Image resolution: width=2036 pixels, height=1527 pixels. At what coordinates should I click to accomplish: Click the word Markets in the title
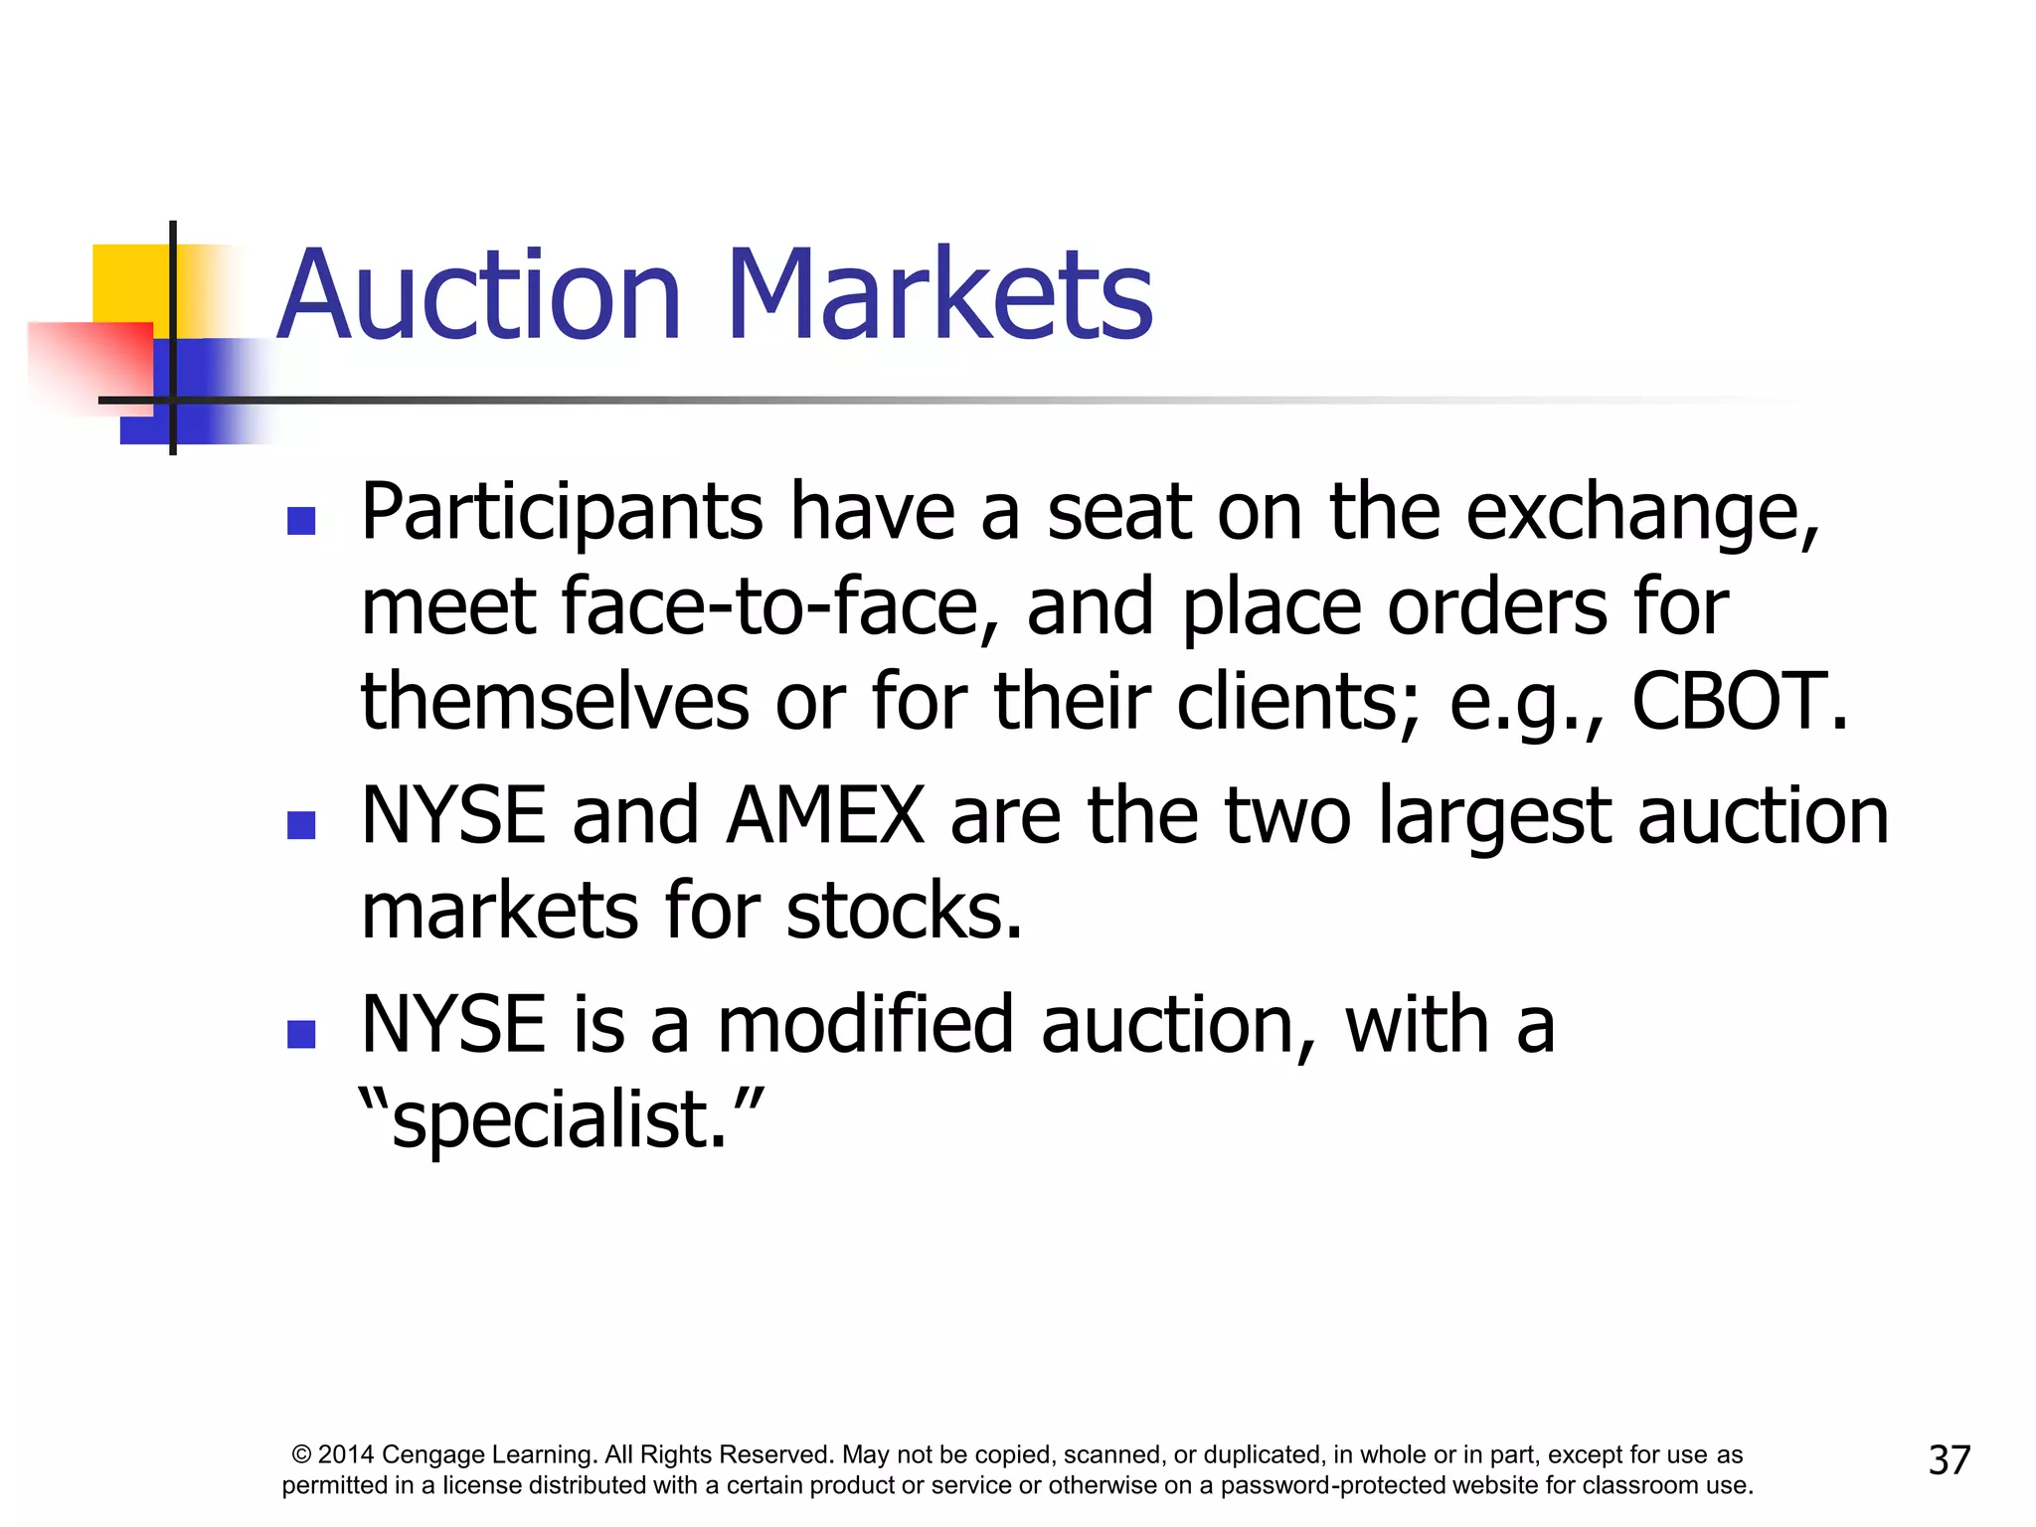[939, 295]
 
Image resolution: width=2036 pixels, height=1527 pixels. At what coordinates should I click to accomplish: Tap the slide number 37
[1949, 1460]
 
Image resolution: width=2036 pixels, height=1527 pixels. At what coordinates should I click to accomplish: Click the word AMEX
[826, 816]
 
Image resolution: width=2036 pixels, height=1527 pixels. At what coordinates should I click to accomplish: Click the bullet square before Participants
[301, 521]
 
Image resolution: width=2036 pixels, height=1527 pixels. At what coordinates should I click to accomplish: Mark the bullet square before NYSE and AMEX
[301, 824]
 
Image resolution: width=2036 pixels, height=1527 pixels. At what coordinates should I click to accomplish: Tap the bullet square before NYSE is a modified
[301, 1034]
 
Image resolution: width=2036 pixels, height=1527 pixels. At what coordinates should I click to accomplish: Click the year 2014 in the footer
[345, 1455]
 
